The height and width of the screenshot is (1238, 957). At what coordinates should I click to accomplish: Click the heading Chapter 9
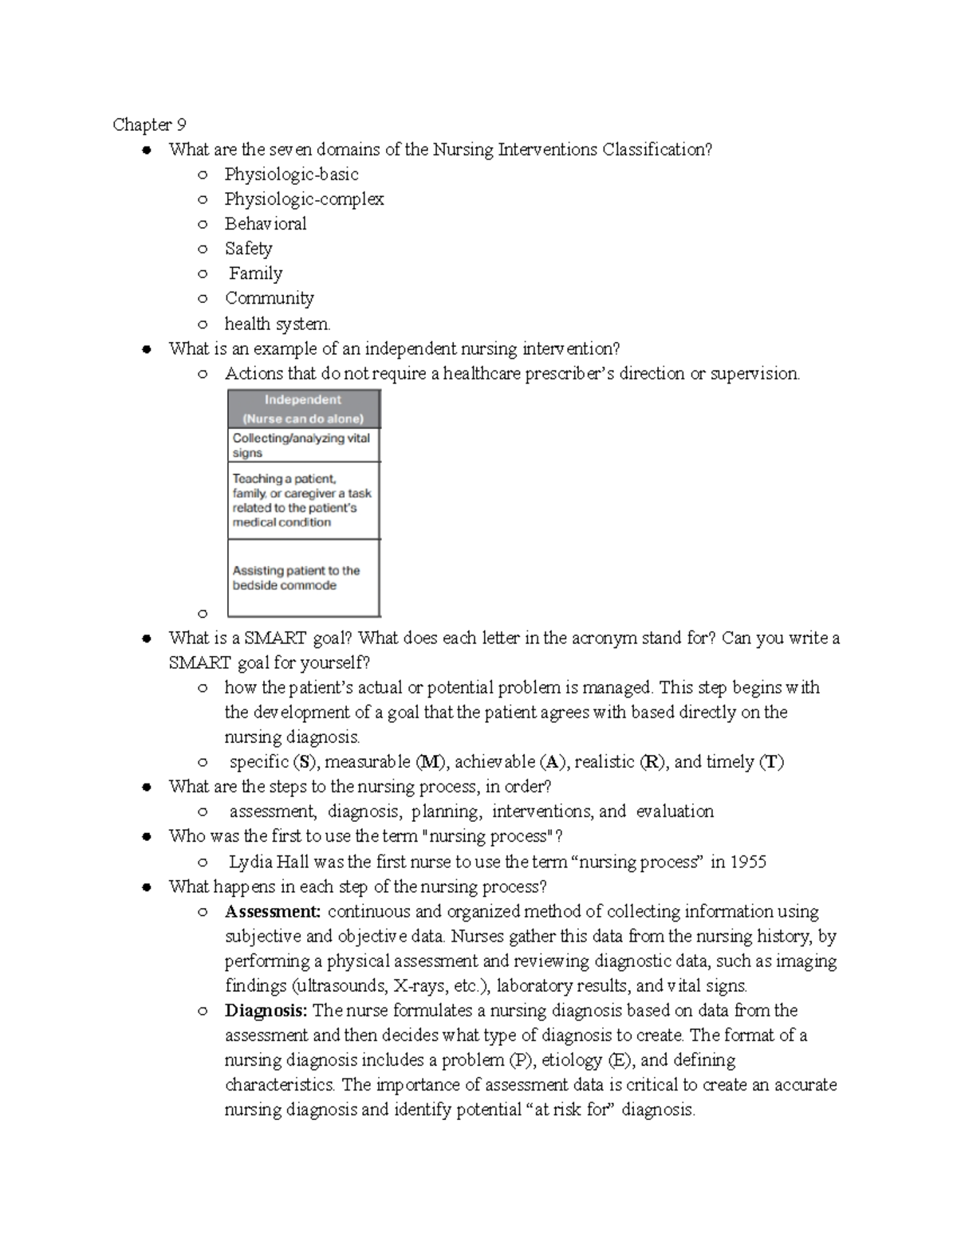[x=149, y=124]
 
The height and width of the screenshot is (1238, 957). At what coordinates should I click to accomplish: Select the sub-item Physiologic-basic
[x=291, y=174]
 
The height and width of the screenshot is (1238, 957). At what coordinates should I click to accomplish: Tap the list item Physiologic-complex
[x=304, y=198]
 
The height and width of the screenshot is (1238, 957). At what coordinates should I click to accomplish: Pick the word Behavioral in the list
[x=265, y=223]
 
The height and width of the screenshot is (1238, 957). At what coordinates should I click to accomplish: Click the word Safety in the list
[x=248, y=248]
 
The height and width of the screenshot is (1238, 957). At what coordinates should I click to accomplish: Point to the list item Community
[x=270, y=298]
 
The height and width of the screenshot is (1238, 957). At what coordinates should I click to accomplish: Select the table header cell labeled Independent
[x=303, y=409]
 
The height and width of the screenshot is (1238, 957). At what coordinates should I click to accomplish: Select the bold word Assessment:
[x=273, y=911]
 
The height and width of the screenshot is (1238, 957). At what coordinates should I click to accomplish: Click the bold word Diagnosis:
[x=266, y=1010]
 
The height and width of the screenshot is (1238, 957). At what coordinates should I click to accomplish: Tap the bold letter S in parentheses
[x=304, y=762]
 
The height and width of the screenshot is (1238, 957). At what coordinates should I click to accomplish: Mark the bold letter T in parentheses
[x=771, y=762]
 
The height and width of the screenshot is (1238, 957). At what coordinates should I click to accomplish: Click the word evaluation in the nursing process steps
[x=675, y=812]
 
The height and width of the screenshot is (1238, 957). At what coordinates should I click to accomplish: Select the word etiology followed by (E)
[x=572, y=1060]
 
